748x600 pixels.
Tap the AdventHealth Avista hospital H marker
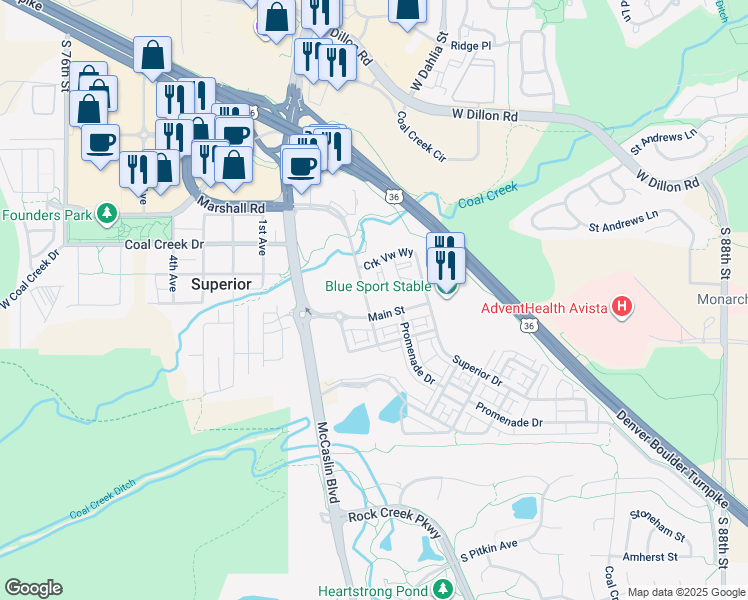tap(622, 307)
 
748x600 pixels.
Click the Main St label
tap(386, 315)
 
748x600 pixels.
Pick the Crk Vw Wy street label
tap(388, 258)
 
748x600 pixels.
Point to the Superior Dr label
tap(475, 369)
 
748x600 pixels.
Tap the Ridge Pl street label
tap(471, 46)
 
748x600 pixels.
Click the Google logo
tap(33, 588)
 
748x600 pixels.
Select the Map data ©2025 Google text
tap(686, 592)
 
